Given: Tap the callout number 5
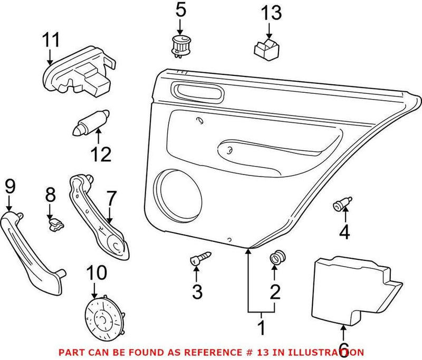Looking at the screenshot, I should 181,10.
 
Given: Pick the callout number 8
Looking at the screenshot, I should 50,195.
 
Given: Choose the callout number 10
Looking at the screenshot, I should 95,273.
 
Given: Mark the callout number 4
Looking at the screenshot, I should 344,232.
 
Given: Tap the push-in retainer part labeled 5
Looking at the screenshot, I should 180,45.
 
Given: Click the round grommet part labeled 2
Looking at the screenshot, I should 275,258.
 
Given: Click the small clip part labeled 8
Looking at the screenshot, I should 54,226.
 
